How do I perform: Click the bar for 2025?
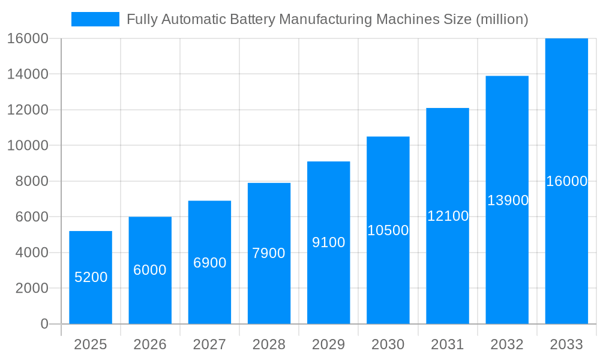pyautogui.click(x=91, y=277)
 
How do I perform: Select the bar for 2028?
pyautogui.click(x=269, y=253)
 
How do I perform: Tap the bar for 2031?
pyautogui.click(x=448, y=216)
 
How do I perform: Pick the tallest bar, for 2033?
pyautogui.click(x=566, y=181)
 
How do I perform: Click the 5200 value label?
pyautogui.click(x=91, y=277)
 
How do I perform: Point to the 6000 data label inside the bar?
pyautogui.click(x=150, y=270)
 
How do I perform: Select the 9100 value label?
pyautogui.click(x=329, y=242)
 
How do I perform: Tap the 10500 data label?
pyautogui.click(x=388, y=230)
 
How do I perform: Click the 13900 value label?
pyautogui.click(x=508, y=200)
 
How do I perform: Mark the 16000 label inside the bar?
pyautogui.click(x=566, y=181)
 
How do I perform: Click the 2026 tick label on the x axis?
pyautogui.click(x=150, y=344)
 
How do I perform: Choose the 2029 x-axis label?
pyautogui.click(x=329, y=344)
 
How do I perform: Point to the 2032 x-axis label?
pyautogui.click(x=507, y=344)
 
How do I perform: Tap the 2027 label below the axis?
pyautogui.click(x=209, y=344)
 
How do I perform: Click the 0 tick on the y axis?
pyautogui.click(x=44, y=324)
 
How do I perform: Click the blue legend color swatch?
pyautogui.click(x=95, y=19)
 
